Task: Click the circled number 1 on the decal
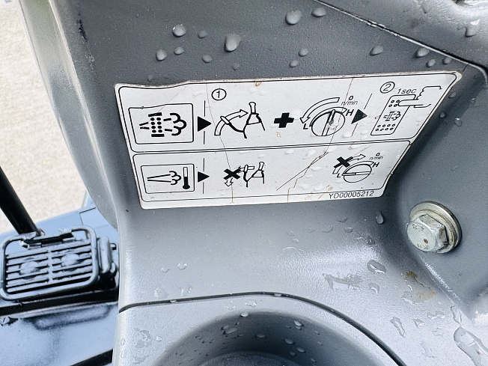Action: (219, 94)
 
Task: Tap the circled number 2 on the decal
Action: (387, 88)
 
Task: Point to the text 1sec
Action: (406, 91)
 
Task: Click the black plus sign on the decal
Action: (284, 121)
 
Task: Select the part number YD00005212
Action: (351, 195)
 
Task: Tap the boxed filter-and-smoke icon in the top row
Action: (161, 123)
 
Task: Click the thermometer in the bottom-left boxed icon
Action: (186, 177)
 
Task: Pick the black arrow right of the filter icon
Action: (204, 124)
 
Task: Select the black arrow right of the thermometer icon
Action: (203, 177)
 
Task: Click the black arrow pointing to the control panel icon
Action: (361, 116)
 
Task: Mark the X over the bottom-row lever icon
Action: (232, 174)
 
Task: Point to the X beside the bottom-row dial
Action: (343, 162)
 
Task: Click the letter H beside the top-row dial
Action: (350, 113)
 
